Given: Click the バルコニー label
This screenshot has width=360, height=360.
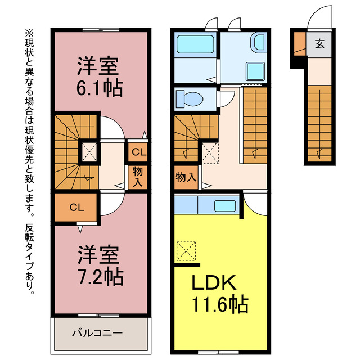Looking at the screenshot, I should tap(97, 334).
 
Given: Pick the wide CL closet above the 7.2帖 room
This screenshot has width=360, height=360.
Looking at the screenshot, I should tap(76, 207).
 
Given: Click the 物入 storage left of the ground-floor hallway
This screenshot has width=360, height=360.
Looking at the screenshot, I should tap(186, 177).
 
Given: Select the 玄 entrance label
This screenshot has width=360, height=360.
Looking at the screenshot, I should tap(319, 44).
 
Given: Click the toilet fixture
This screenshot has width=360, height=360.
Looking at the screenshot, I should tap(190, 99).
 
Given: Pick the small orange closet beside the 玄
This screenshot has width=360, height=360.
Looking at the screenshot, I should tap(299, 43).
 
